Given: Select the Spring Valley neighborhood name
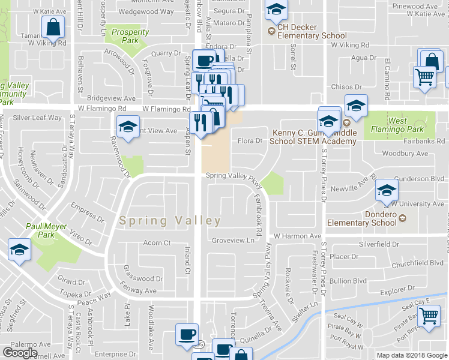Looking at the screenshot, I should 170,220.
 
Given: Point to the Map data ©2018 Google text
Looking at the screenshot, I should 412,355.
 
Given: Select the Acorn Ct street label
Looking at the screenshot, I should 157,243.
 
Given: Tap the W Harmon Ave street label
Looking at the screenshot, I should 297,236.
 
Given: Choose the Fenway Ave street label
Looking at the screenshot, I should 139,290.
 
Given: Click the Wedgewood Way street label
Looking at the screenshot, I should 146,11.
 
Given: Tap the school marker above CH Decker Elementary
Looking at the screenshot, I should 276,9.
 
